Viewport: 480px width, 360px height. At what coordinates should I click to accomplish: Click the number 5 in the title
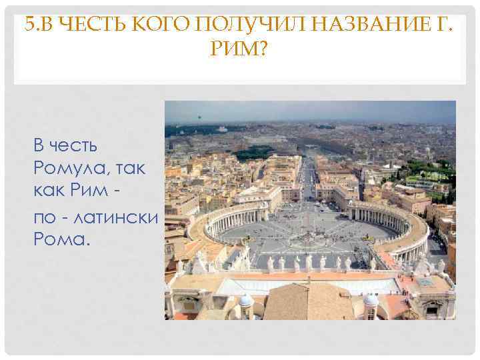point(27,27)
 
